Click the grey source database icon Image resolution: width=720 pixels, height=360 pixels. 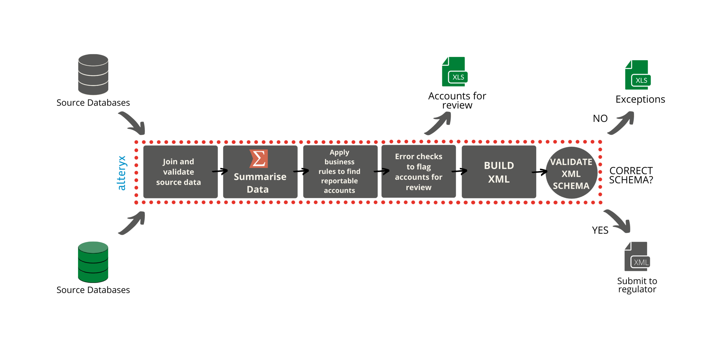click(x=93, y=74)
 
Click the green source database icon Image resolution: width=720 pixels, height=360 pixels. click(x=93, y=262)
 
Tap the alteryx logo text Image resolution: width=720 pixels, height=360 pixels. click(x=122, y=173)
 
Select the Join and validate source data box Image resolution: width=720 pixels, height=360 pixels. click(x=180, y=172)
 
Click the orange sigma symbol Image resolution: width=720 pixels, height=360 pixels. click(x=258, y=158)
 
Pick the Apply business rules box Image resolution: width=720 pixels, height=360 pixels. click(x=340, y=172)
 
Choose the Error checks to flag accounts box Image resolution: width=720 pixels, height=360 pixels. click(x=418, y=172)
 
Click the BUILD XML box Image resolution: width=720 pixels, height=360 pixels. click(x=499, y=172)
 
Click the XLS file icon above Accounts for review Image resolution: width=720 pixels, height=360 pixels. click(x=454, y=72)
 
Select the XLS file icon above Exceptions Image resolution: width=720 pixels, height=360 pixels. click(x=637, y=75)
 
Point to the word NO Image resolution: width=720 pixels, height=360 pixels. click(x=600, y=118)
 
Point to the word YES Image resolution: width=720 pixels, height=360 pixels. click(x=600, y=230)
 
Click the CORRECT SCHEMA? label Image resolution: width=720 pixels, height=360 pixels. click(x=631, y=175)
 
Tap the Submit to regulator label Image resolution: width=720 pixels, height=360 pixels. click(x=637, y=285)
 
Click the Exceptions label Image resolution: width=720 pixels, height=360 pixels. click(x=640, y=99)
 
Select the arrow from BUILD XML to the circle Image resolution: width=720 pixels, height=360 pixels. click(x=539, y=172)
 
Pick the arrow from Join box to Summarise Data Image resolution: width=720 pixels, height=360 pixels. click(x=220, y=171)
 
